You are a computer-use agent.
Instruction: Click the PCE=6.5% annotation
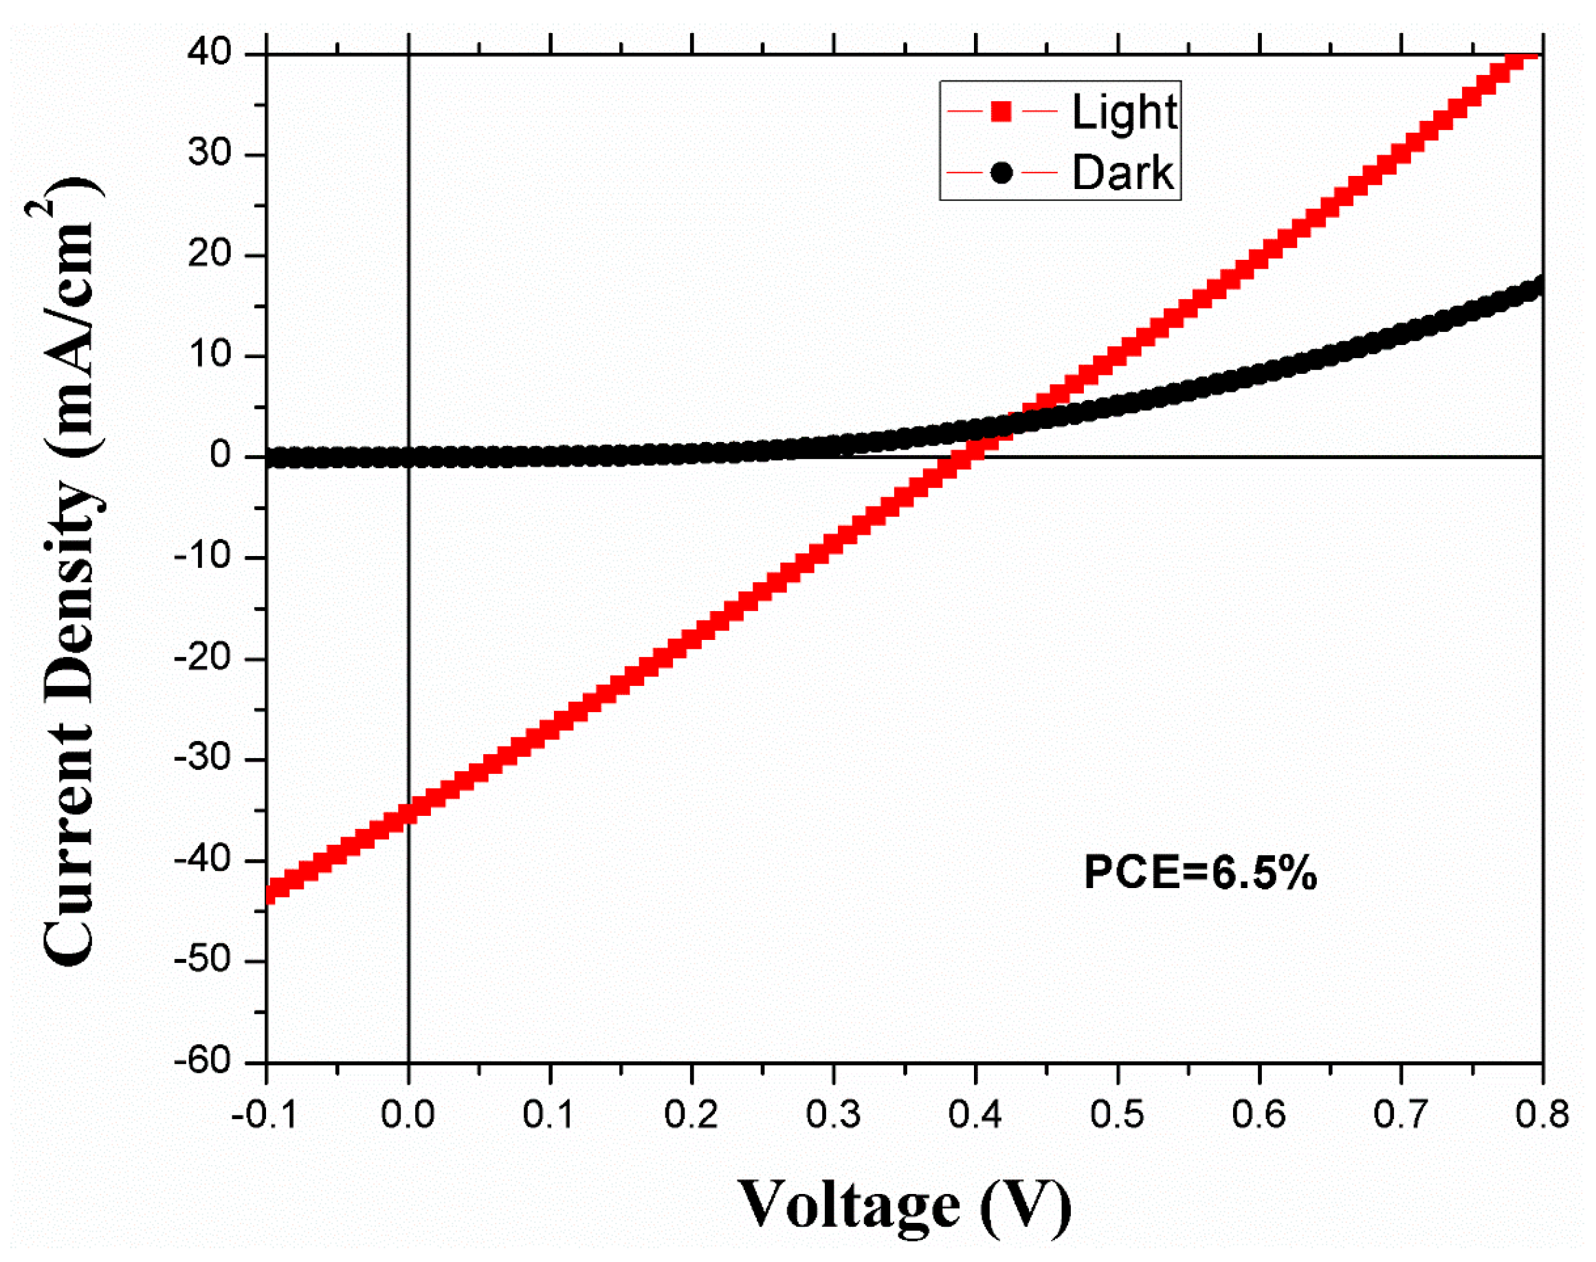coord(1200,873)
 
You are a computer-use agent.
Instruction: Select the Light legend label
coord(1124,113)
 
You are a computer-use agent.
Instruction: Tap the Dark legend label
coord(1122,174)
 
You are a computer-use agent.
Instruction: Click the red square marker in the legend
coord(1001,111)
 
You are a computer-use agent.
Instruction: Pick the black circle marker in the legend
coord(1001,173)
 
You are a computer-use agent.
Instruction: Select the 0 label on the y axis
coord(221,455)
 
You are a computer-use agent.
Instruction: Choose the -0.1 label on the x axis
coord(264,1114)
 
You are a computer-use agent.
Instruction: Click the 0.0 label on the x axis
coord(408,1114)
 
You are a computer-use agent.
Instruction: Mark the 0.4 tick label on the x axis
coord(975,1114)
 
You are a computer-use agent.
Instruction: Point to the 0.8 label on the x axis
coord(1542,1114)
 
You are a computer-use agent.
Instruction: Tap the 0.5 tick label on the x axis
coord(1117,1114)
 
